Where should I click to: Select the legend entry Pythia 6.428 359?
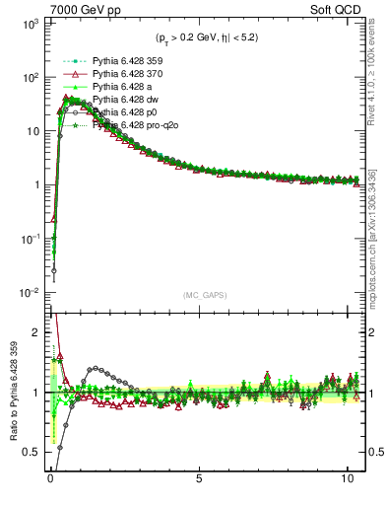pyautogui.click(x=122, y=60)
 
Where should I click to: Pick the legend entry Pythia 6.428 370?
pyautogui.click(x=122, y=74)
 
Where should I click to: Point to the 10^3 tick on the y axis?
pyautogui.click(x=27, y=23)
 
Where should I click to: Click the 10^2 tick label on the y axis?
pyautogui.click(x=27, y=77)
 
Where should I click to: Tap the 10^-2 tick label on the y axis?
pyautogui.click(x=27, y=293)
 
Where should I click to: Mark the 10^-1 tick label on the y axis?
pyautogui.click(x=27, y=239)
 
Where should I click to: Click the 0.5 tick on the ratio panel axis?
pyautogui.click(x=30, y=452)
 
